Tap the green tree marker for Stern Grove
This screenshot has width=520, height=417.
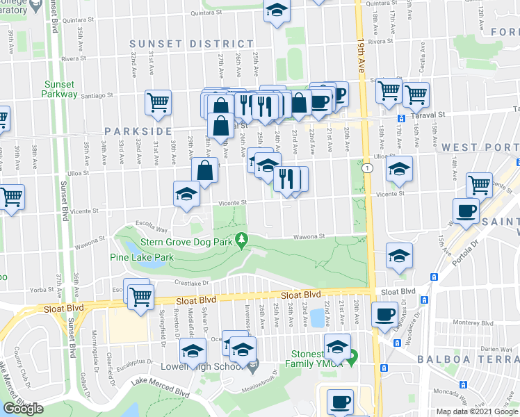242,240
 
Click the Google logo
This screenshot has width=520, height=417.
24,409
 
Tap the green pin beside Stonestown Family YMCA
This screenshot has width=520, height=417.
352,359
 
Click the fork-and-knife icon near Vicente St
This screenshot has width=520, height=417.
286,178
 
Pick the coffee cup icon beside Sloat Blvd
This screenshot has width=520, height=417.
384,314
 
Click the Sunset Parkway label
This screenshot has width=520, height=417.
59,89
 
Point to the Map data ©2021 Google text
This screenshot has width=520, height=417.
477,411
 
